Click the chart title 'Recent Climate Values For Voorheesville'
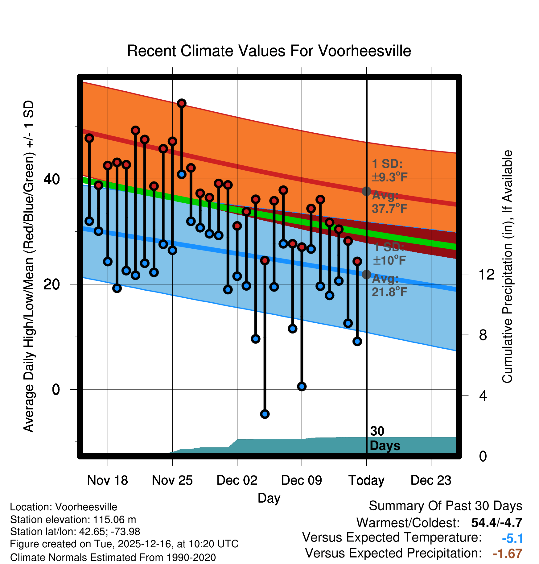pos(269,51)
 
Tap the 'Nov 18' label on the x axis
pos(107,480)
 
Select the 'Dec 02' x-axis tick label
pos(237,480)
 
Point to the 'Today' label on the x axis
pos(366,480)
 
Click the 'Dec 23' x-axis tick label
pos(431,480)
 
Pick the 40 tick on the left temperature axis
pos(51,179)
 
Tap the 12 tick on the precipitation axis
pos(486,274)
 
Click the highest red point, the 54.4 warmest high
pos(182,103)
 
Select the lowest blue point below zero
pos(265,414)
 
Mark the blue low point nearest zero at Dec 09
pos(302,386)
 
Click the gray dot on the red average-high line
pos(366,191)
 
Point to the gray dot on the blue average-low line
pos(366,274)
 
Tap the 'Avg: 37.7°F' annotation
pos(389,202)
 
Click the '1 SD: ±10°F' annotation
pos(389,254)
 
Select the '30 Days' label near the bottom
pos(385,438)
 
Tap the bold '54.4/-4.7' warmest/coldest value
pos(496,523)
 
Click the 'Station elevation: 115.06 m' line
pos(73,520)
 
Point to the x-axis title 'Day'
pos(269,498)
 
